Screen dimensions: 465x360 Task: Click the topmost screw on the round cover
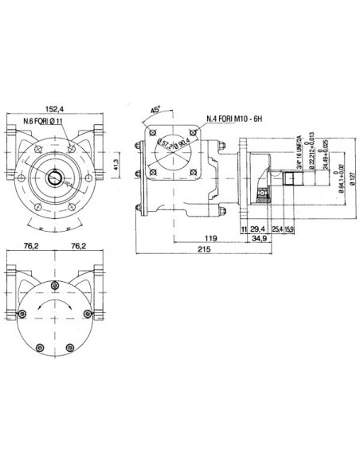pos(54,286)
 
